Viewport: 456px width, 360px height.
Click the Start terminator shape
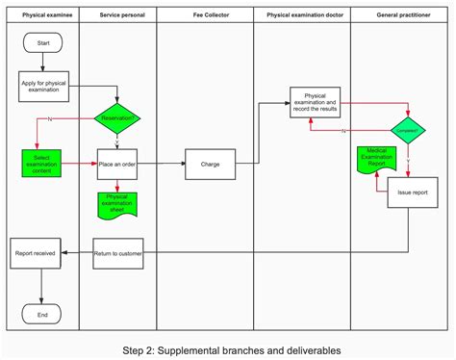(42, 43)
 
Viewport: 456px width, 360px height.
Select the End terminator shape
(41, 314)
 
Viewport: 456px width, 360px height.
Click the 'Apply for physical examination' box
(42, 87)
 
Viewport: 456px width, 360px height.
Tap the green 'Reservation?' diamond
(117, 119)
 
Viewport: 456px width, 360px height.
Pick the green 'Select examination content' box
(41, 163)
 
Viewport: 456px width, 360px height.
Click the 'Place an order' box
(117, 164)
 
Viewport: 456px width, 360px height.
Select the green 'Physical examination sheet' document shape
(116, 203)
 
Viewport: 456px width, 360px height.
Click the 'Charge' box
(210, 164)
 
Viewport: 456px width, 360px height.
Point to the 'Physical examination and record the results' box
(315, 102)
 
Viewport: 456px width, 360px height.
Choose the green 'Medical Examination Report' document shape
(376, 160)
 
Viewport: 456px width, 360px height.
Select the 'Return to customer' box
(117, 253)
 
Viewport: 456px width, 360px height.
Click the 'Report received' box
(36, 253)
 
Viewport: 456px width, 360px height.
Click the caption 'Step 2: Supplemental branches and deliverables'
(231, 348)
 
